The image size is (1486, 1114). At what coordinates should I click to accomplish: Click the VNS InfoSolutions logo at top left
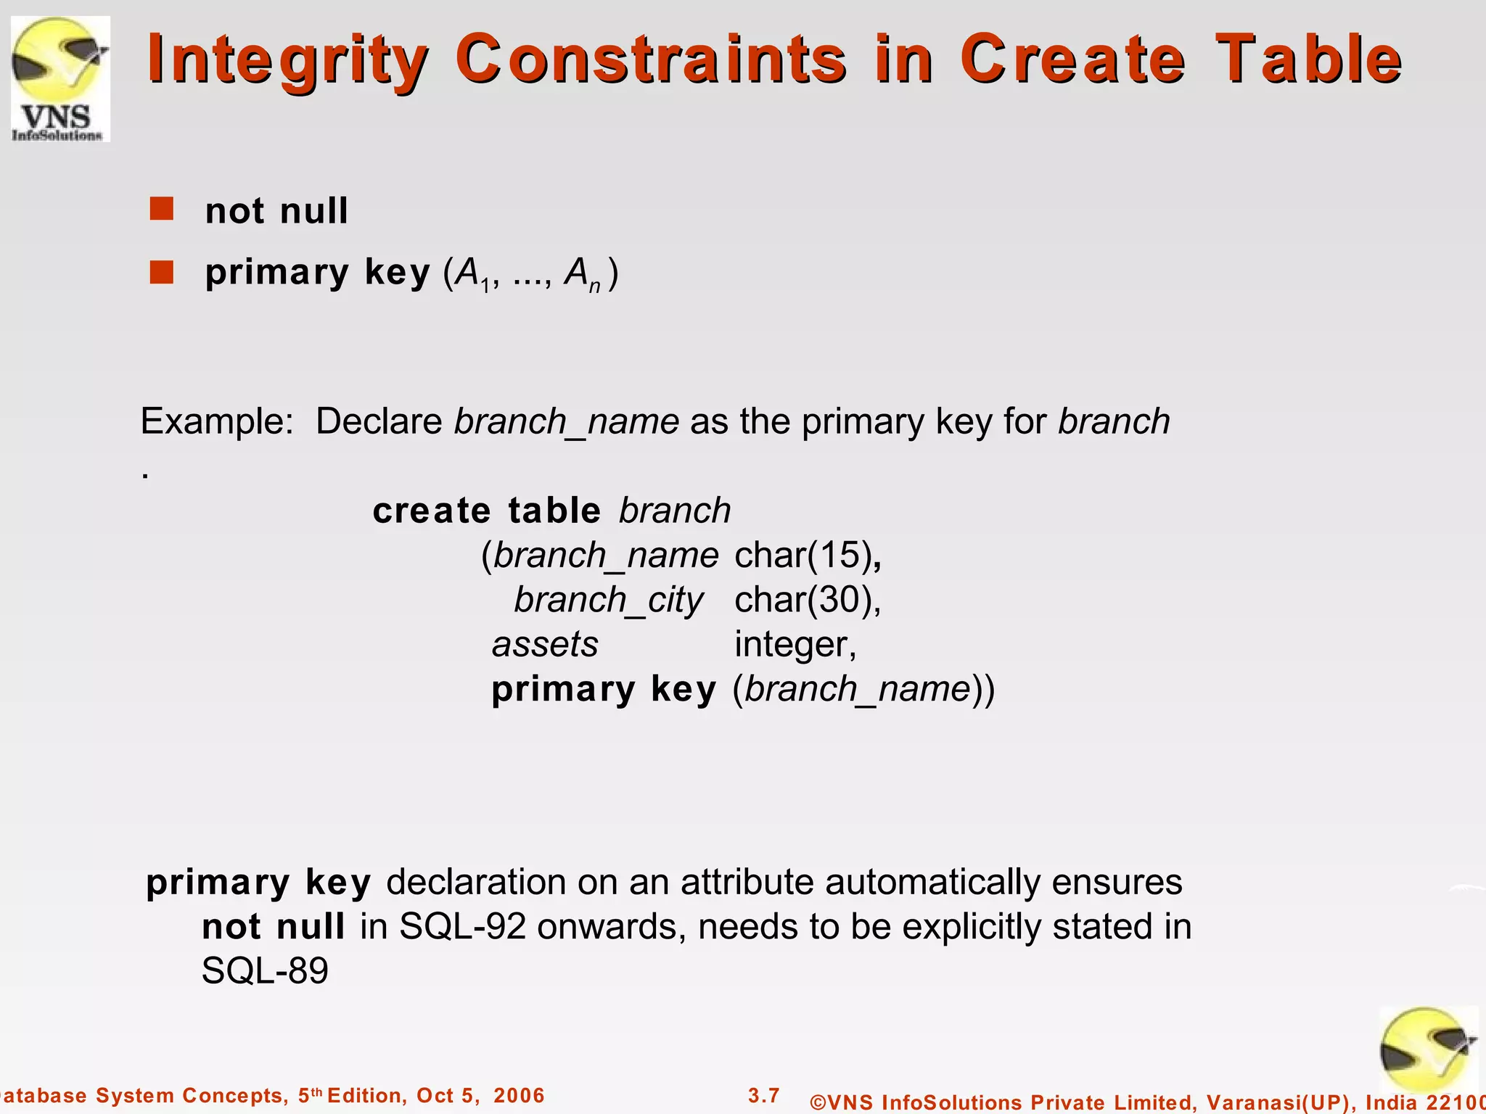tap(59, 78)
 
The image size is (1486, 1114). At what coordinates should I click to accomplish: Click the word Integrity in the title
tap(288, 59)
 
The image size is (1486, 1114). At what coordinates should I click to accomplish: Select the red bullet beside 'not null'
tap(161, 209)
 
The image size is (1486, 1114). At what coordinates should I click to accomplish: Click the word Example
tap(216, 421)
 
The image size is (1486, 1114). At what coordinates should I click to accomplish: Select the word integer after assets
tap(795, 645)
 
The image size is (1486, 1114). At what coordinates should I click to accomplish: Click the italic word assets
tap(545, 645)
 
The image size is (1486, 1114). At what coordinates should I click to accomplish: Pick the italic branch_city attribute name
tap(608, 601)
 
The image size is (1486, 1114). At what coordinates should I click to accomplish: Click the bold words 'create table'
tap(487, 511)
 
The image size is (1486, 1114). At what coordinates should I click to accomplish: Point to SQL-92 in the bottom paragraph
tap(462, 927)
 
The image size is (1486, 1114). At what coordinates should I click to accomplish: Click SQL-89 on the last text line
tap(265, 971)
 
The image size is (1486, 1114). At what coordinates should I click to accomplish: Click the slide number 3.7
tap(763, 1095)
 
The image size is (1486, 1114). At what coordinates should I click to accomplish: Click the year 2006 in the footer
tap(519, 1095)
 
